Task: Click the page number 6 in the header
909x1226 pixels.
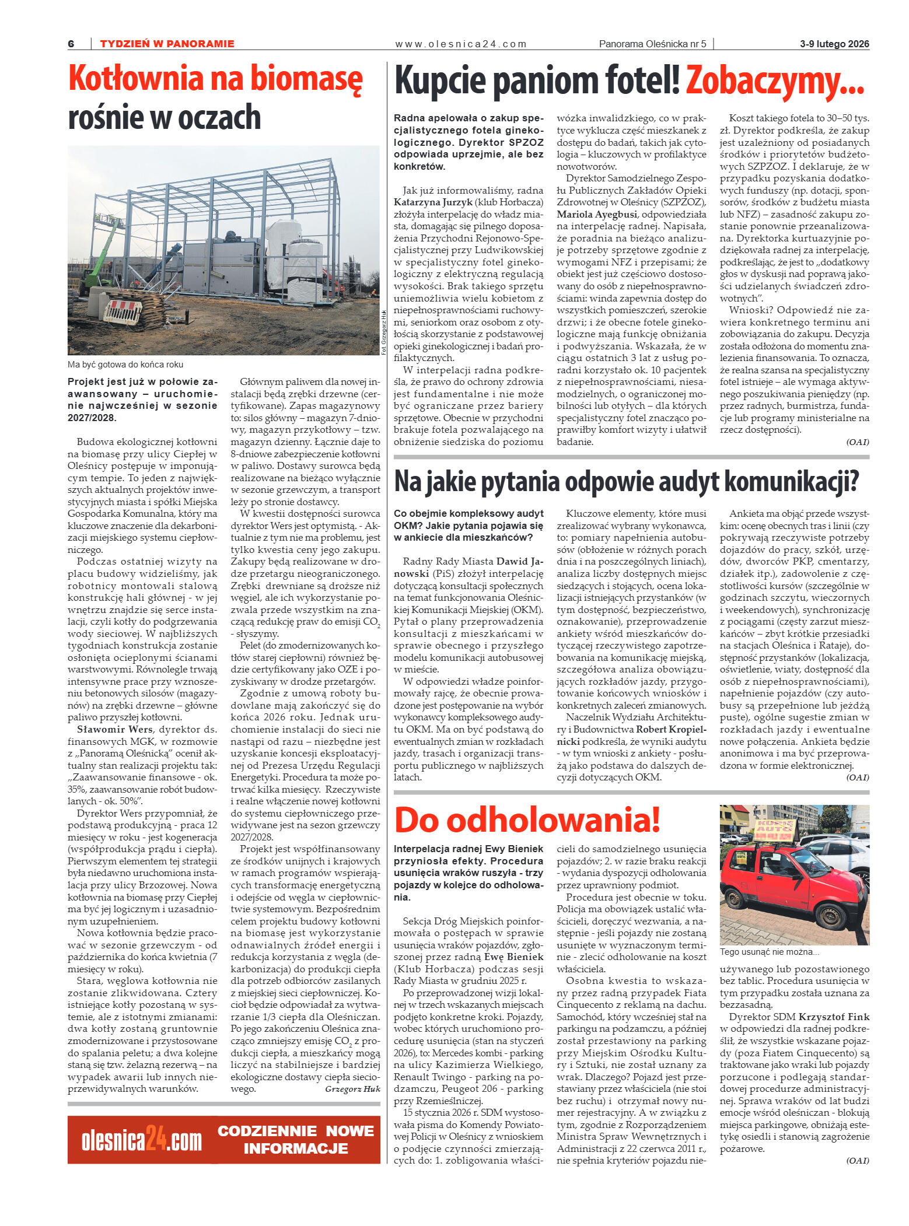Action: [71, 44]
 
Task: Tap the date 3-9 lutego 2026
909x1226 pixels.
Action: [834, 44]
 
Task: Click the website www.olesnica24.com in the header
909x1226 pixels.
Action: [460, 44]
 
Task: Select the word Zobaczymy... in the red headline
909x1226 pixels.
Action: [774, 81]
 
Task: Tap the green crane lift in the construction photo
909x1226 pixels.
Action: [105, 257]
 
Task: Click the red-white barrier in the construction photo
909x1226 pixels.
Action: [123, 312]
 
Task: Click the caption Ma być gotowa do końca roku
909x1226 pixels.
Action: [125, 365]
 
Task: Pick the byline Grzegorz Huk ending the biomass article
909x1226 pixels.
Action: [352, 1089]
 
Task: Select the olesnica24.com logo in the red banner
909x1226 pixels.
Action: [142, 1141]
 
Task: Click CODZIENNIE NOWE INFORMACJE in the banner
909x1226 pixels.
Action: [295, 1140]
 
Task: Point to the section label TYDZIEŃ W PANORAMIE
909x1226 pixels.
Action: [167, 44]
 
